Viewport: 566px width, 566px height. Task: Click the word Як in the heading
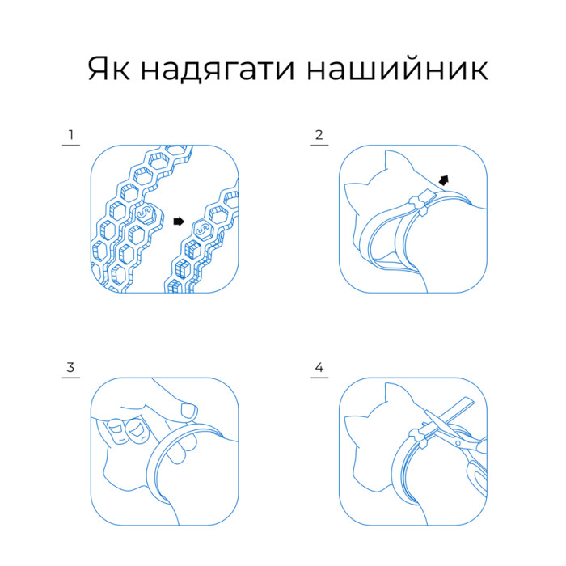(x=108, y=69)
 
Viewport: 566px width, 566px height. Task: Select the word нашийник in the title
(x=397, y=69)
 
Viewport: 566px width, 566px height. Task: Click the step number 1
(x=71, y=135)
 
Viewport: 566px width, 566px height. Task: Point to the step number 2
(x=319, y=135)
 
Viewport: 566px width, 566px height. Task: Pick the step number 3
(x=71, y=367)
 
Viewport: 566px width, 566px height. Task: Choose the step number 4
(x=319, y=367)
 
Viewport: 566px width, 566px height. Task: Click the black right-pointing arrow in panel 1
(x=179, y=222)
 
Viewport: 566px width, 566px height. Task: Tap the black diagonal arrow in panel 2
(x=444, y=180)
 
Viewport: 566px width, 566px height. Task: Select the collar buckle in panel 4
(x=420, y=437)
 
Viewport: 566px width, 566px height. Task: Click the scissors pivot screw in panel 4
(x=458, y=443)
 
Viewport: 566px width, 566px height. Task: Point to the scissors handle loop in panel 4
(x=477, y=476)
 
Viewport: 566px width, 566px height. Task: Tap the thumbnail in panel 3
(x=188, y=411)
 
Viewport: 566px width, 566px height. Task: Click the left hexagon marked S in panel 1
(x=145, y=213)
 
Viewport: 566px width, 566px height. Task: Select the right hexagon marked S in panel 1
(x=203, y=230)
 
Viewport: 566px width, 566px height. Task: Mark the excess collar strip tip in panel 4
(x=469, y=401)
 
